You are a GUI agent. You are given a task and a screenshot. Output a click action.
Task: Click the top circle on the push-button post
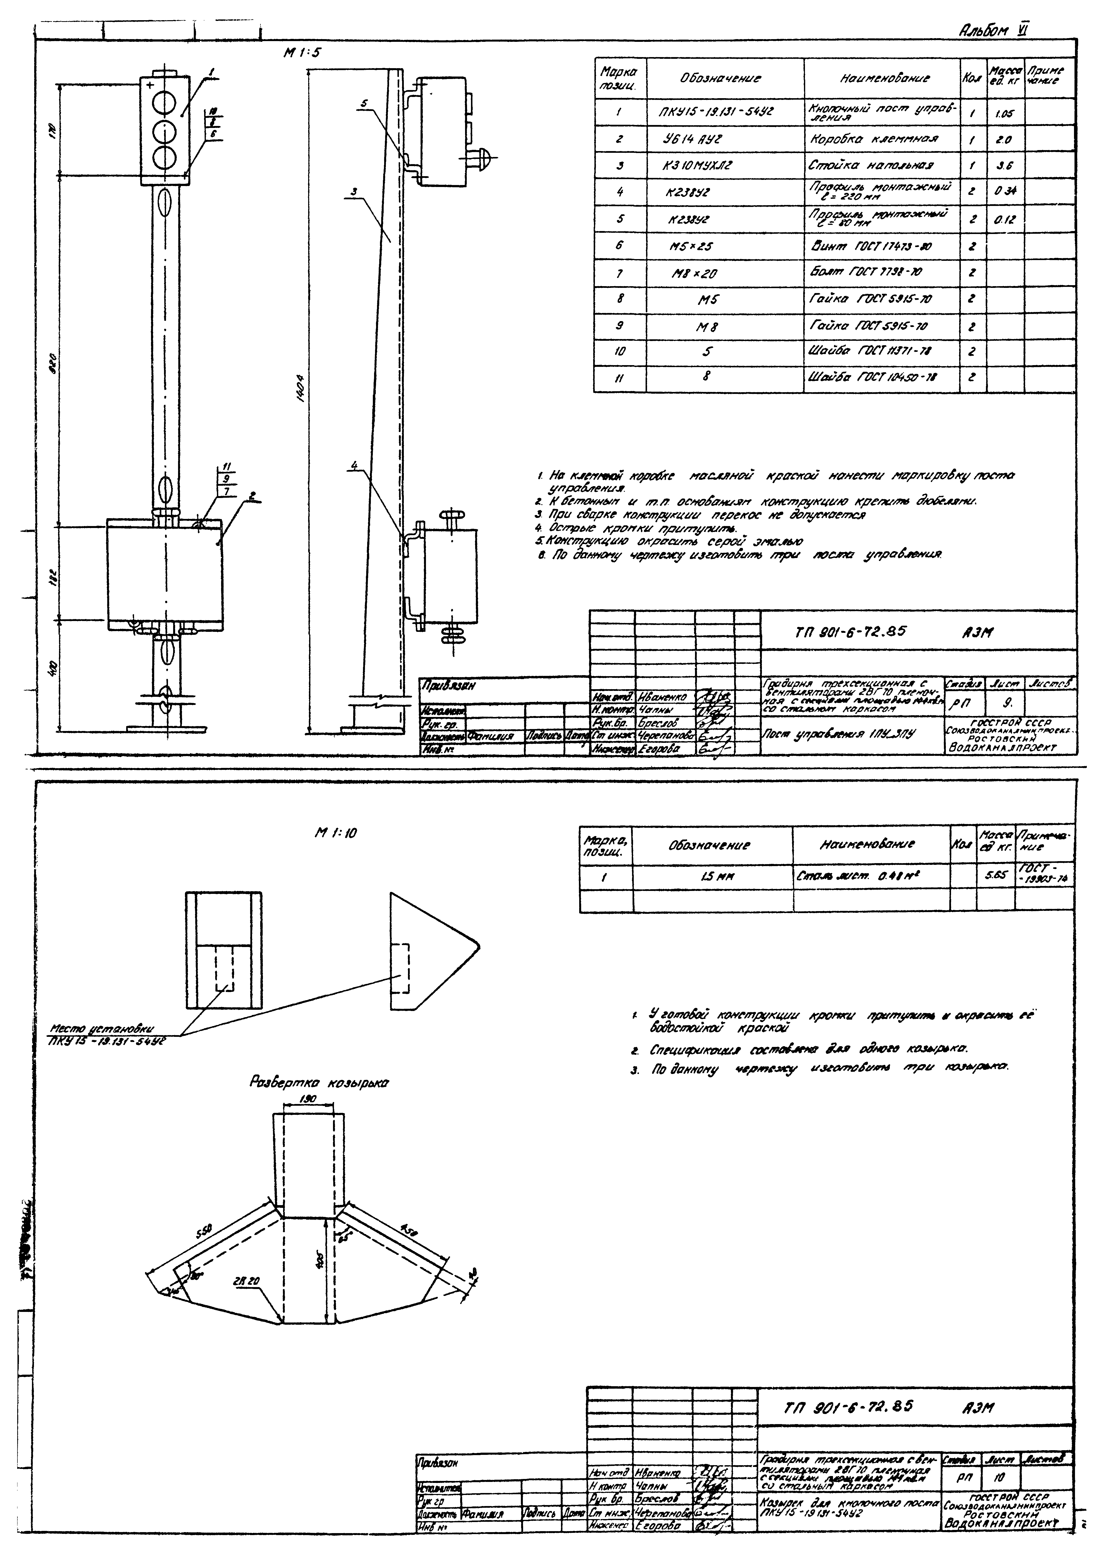click(163, 103)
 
